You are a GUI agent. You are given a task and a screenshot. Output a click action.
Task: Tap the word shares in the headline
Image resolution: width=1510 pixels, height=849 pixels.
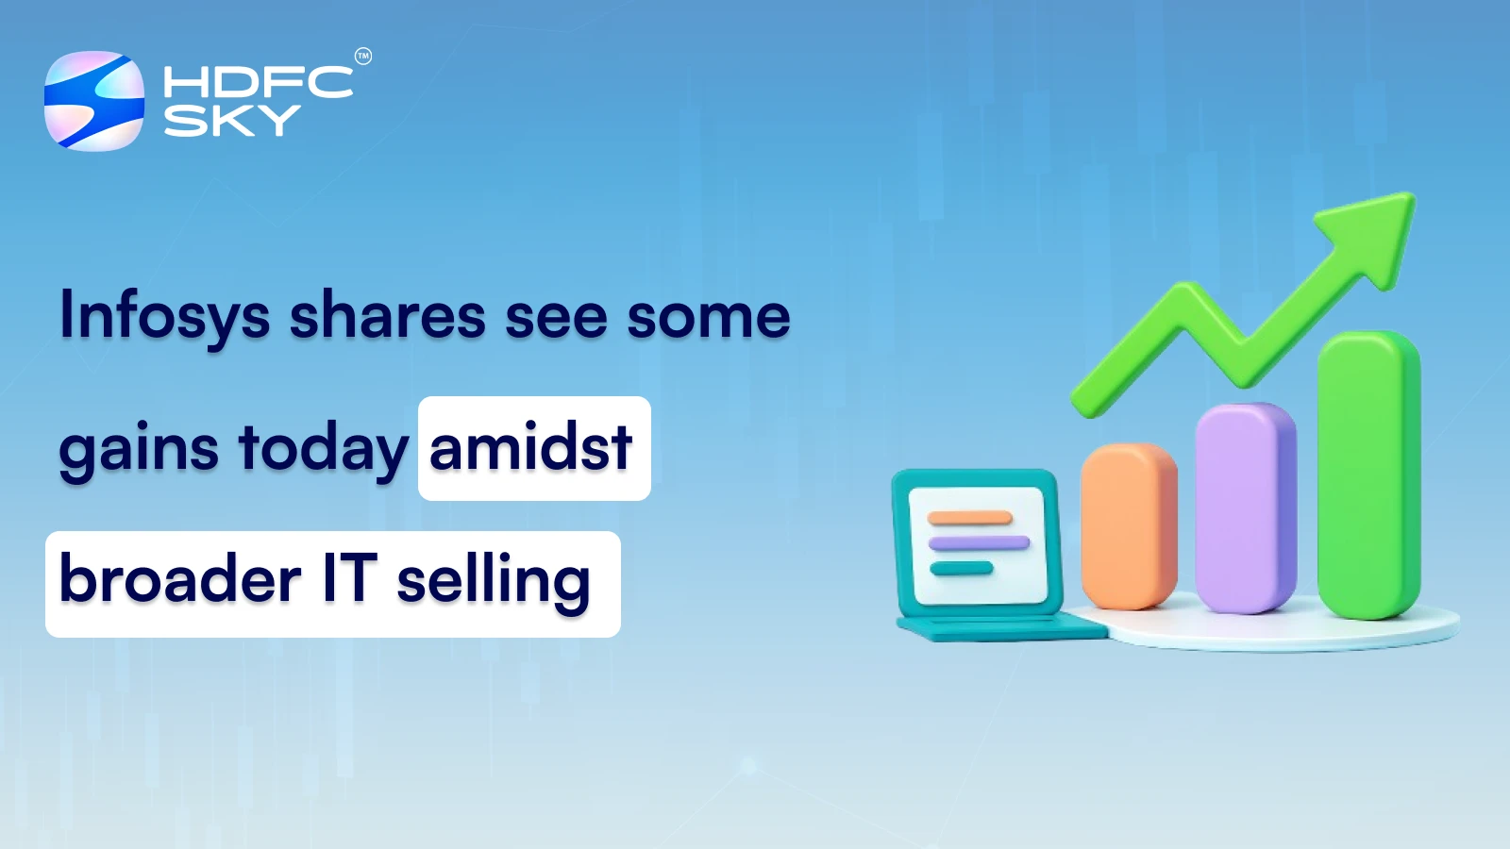point(387,316)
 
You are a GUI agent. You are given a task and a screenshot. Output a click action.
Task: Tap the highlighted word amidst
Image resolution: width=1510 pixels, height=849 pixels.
point(530,448)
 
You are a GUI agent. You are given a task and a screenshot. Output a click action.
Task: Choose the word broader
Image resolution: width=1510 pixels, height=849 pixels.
point(180,579)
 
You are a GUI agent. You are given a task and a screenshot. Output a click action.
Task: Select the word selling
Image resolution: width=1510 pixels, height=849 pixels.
point(493,581)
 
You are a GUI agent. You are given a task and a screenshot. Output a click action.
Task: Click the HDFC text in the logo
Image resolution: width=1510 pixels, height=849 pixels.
point(258,83)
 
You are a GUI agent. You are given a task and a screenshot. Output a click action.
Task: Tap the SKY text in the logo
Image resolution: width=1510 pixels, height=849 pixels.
point(232,121)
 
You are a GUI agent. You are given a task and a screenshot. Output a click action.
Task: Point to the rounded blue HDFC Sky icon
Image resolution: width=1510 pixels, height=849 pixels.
point(94,101)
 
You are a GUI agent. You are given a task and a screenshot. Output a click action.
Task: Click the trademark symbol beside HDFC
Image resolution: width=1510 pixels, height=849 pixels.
point(363,57)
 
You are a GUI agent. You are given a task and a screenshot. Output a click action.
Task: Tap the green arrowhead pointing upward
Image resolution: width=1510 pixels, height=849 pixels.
point(1374,231)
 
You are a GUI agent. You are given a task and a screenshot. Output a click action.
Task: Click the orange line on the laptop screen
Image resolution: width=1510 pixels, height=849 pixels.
point(969,518)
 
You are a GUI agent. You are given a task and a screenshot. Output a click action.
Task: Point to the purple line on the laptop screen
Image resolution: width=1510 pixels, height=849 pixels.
point(979,542)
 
